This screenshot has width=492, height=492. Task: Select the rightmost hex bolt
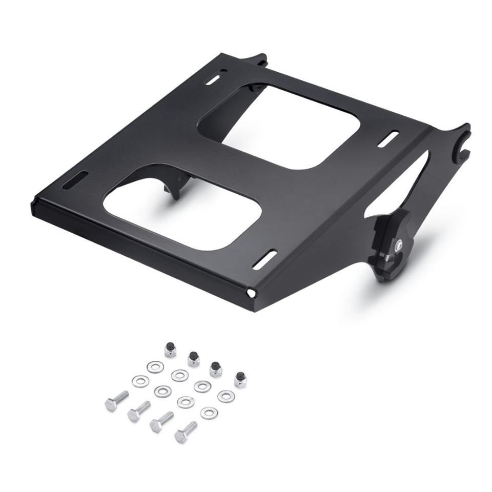[186, 432]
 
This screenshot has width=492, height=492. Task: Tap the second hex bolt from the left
[138, 411]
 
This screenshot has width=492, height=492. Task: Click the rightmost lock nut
[239, 379]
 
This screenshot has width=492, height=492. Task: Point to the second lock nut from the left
[194, 359]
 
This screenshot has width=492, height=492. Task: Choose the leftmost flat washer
[140, 381]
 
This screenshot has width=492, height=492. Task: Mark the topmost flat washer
[155, 366]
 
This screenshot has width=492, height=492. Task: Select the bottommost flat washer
[209, 413]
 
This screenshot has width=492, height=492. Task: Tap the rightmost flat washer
[225, 396]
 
